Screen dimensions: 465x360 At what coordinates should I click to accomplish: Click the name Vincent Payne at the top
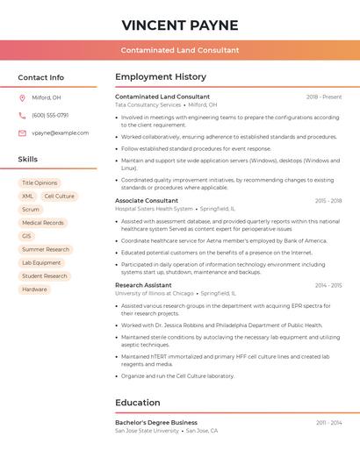point(180,24)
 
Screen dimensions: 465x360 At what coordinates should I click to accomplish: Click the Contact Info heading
point(40,77)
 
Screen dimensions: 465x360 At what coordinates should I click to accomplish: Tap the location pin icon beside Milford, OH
point(22,97)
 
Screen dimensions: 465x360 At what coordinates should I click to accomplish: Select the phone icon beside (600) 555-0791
point(22,115)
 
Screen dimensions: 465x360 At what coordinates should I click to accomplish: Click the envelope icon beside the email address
point(22,132)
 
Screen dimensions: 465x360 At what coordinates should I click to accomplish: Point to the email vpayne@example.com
point(60,132)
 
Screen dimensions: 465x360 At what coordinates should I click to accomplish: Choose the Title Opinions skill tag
point(40,183)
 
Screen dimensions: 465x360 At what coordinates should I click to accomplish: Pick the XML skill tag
point(27,197)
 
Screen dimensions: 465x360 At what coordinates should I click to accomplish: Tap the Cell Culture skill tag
point(59,197)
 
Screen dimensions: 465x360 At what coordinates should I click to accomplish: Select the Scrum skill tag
point(30,210)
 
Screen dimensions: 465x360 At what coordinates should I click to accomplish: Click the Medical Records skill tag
point(42,223)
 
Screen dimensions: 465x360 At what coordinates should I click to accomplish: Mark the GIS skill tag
point(26,236)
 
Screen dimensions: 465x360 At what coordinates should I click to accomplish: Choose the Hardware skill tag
point(34,289)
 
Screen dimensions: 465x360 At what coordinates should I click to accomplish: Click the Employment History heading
point(161,77)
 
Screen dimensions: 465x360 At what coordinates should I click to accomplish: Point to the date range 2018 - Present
point(324,97)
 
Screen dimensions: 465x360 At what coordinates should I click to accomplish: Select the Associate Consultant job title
point(146,201)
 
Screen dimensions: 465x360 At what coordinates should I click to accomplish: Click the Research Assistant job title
point(143,285)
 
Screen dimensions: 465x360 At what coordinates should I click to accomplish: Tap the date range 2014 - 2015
point(328,285)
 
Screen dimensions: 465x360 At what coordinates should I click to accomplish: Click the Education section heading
point(137,403)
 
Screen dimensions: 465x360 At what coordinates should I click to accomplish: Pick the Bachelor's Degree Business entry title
point(156,422)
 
